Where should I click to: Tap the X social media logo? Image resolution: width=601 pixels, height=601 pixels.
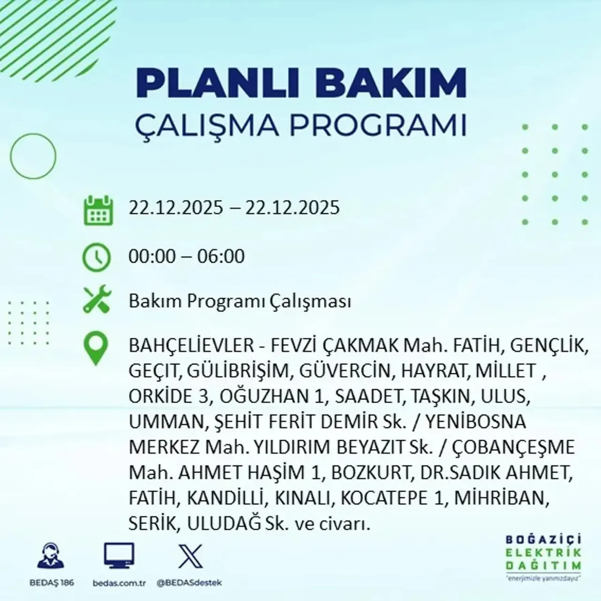191,556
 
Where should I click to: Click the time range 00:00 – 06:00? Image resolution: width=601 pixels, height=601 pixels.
186,256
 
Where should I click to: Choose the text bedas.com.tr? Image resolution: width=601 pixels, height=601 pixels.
120,583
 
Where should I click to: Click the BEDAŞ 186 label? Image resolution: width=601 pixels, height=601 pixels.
50,583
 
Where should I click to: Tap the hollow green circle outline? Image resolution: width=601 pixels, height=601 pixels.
33,156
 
